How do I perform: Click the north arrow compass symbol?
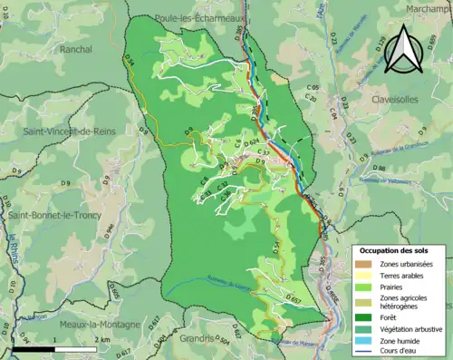[x=401, y=52]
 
